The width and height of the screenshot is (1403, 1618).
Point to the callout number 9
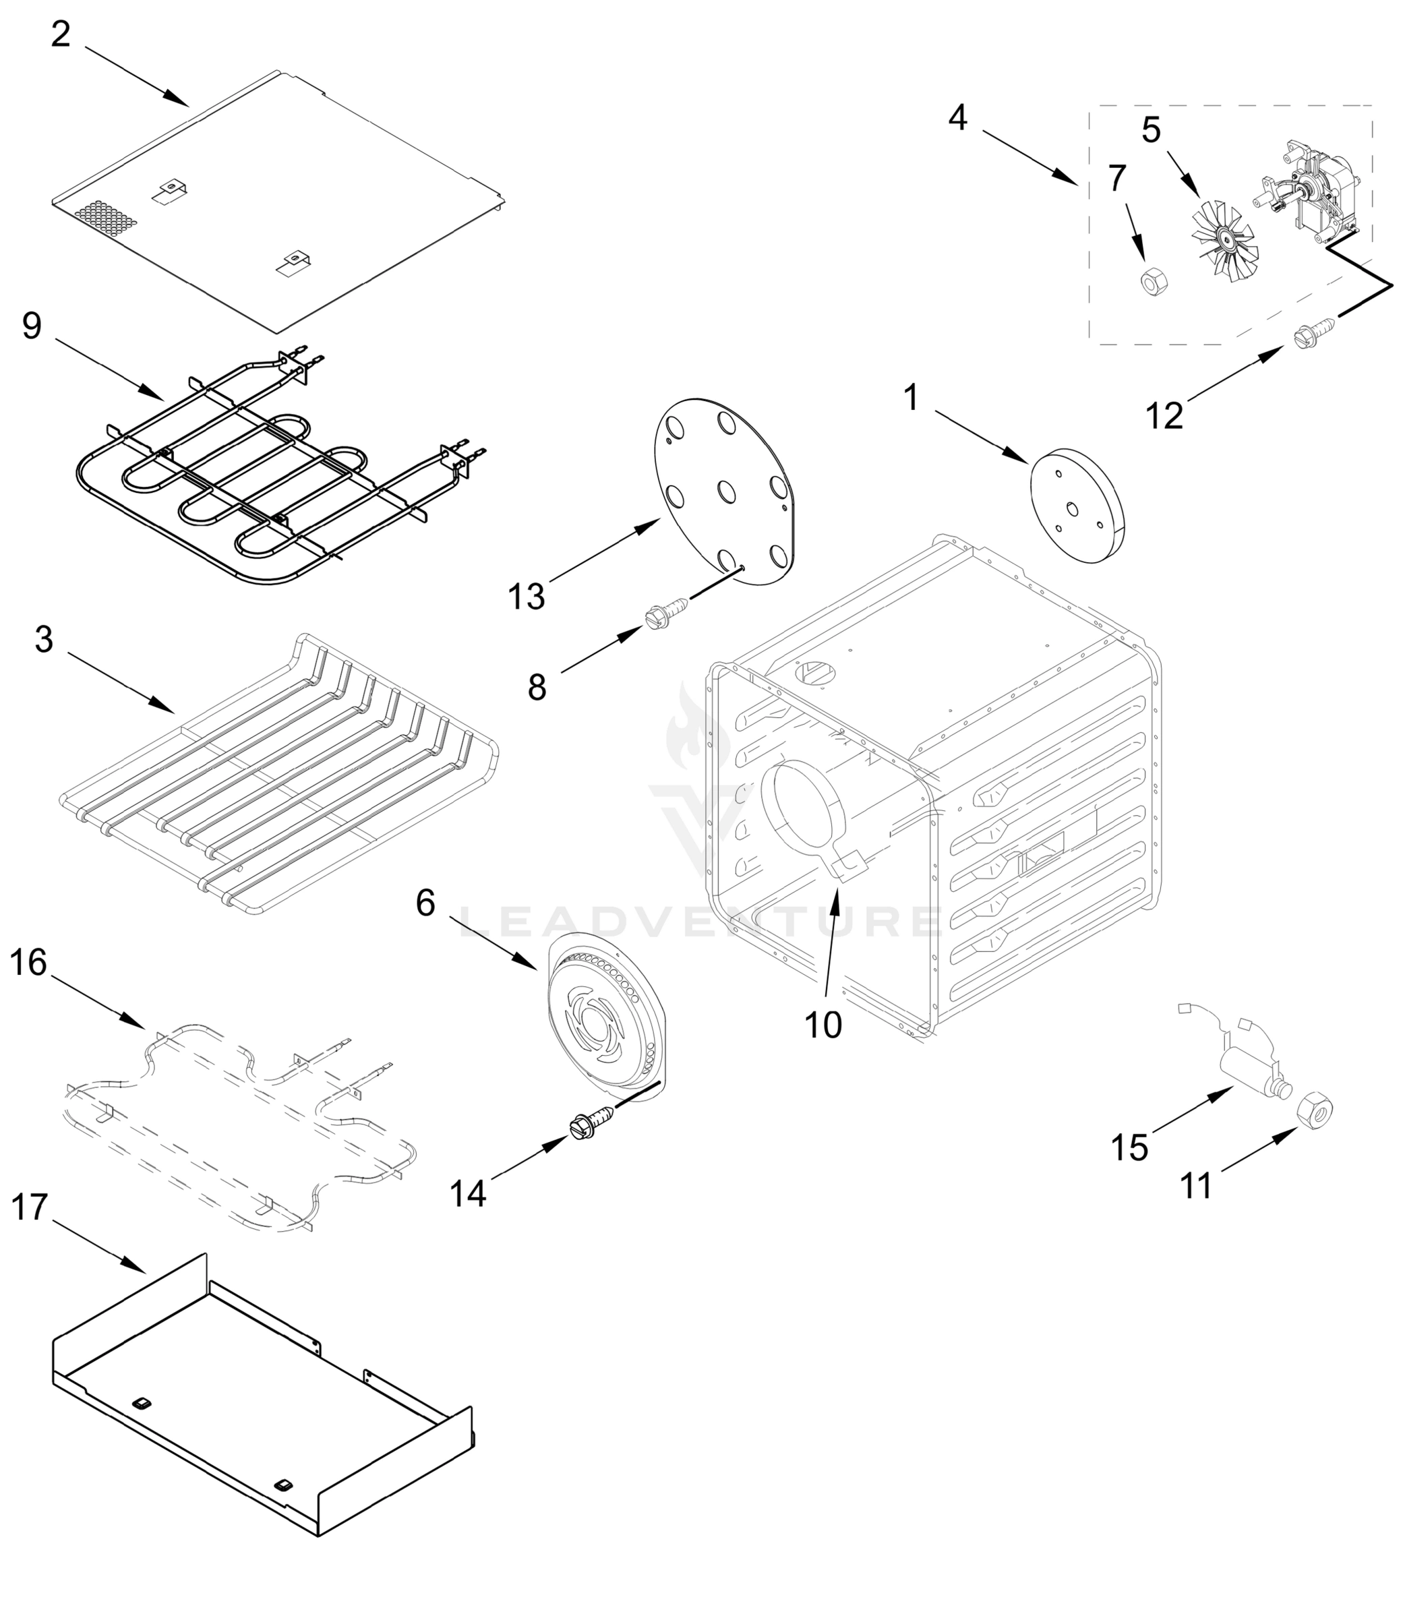click(31, 326)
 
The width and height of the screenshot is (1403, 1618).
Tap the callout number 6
click(425, 903)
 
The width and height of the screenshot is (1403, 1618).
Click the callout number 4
click(957, 118)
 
